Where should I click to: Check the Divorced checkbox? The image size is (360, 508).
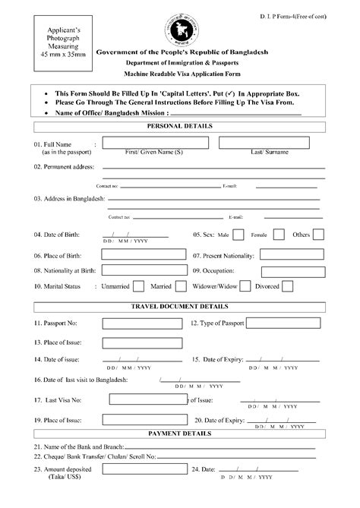click(x=288, y=287)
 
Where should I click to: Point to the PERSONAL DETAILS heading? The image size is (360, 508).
click(x=179, y=125)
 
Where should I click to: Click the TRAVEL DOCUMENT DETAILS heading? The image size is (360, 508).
click(x=179, y=306)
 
